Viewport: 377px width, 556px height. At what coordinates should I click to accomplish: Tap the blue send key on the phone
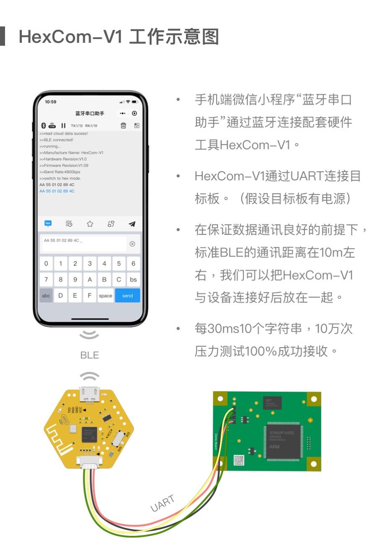coord(127,296)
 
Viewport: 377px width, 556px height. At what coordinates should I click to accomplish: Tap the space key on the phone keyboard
coord(106,296)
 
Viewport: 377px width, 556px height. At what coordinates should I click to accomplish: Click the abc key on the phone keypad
coord(46,296)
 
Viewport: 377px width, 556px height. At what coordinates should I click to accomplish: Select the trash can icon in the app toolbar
coord(123,125)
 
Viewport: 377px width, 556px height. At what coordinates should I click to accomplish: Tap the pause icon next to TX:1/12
coord(63,125)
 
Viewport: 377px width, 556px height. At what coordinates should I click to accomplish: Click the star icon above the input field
coord(90,224)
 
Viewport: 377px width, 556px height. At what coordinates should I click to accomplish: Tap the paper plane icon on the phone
coord(132,224)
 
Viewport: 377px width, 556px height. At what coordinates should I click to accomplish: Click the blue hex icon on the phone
coord(48,223)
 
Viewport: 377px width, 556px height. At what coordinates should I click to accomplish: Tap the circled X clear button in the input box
coord(132,244)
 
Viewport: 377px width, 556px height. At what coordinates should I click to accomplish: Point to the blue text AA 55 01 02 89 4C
coord(57,191)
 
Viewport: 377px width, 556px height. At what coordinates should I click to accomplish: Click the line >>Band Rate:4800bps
coord(60,172)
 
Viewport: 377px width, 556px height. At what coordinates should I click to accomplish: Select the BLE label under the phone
coord(90,355)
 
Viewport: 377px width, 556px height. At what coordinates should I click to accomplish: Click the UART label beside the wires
coord(162,503)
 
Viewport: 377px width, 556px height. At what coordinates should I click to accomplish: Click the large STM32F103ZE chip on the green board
coord(283,441)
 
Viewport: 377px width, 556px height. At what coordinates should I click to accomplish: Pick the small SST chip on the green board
coord(272,403)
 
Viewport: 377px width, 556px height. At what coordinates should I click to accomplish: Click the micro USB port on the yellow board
coord(90,392)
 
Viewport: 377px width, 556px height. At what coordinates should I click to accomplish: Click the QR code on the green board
coord(239,460)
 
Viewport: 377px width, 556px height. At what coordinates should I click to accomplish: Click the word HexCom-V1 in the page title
coord(71,37)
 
